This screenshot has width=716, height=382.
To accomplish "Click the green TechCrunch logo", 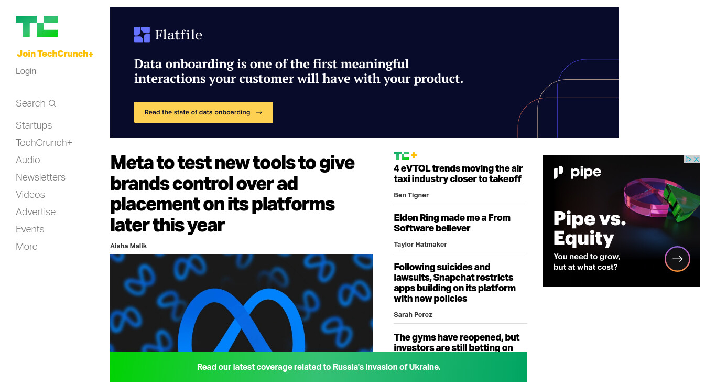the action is point(37,26).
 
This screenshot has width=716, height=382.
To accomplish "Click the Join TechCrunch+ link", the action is point(55,54).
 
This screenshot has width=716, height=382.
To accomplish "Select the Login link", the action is point(26,71).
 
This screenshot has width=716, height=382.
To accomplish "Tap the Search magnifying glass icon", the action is point(52,103).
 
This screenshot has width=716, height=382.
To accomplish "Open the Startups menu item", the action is point(34,125).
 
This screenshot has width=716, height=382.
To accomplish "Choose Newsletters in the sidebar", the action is point(40,177).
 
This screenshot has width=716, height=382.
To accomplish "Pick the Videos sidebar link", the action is point(30,195).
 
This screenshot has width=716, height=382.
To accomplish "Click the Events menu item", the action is point(30,229).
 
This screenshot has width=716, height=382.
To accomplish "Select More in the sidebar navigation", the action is point(27,246).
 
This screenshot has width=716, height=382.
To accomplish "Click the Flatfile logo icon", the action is point(142,35).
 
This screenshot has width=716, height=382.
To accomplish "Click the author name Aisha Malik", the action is point(128,246).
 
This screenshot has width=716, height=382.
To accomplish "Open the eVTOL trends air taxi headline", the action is point(458,173).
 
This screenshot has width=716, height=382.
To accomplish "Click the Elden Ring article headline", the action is point(452,223).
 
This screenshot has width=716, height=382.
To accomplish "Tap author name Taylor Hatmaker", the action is point(420,245).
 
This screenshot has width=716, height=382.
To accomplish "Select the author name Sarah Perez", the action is point(413,315).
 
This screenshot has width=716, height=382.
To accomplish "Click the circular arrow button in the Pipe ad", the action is point(677,259).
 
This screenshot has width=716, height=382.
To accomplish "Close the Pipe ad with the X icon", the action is point(696,159).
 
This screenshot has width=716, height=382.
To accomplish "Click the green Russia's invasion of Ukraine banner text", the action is point(319,367).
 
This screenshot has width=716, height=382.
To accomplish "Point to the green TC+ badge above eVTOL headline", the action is point(405,155).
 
